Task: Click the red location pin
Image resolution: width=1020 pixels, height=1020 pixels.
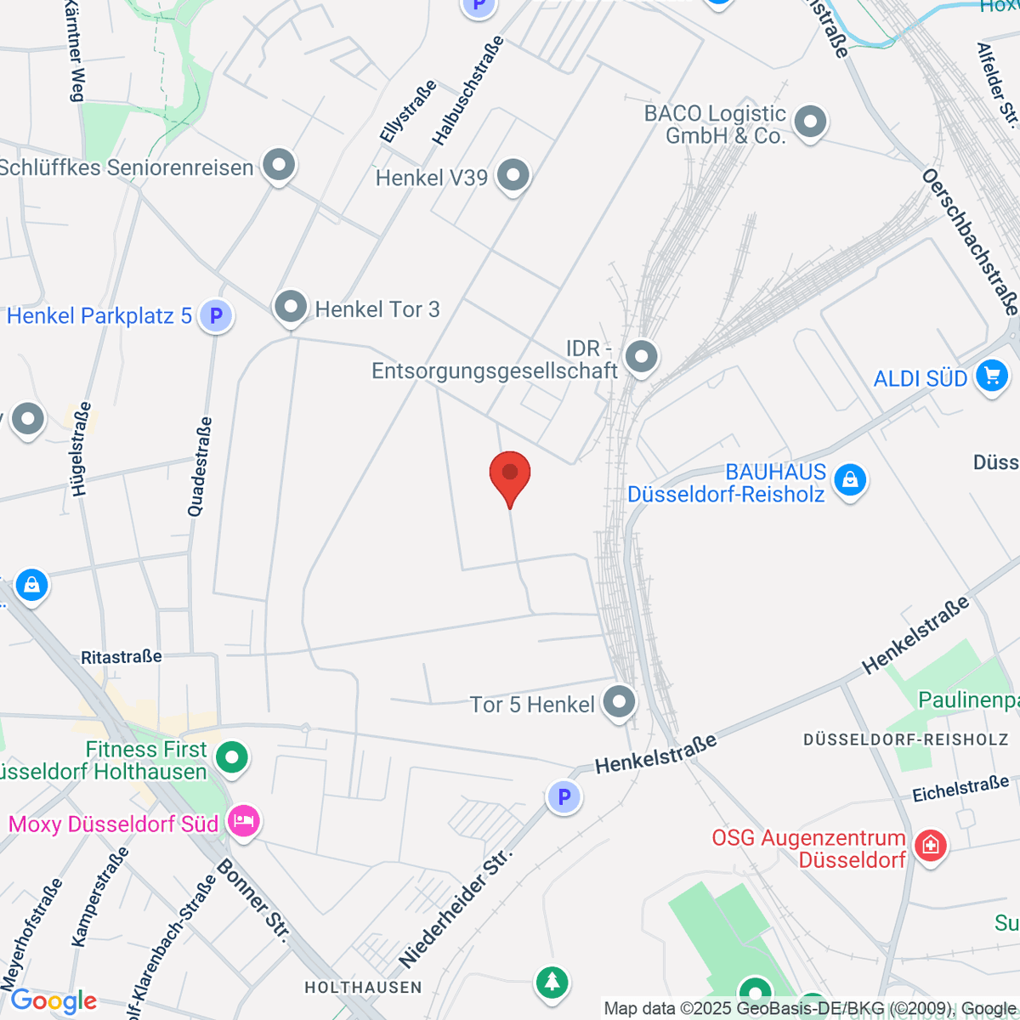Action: coord(510,474)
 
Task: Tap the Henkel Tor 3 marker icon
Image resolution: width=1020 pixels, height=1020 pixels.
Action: coord(291,307)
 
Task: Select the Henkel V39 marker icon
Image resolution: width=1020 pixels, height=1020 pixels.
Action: coord(513,176)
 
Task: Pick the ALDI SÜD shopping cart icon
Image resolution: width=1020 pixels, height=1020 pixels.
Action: coord(991,376)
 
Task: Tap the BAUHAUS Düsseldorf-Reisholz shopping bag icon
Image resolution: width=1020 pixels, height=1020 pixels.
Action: coord(850,480)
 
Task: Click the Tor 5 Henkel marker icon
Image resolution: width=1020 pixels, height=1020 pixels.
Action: coord(619,703)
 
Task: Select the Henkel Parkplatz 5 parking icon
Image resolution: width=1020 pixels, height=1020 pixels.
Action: coord(216,316)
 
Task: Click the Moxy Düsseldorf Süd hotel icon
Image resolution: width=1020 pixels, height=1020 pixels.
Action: coord(243,822)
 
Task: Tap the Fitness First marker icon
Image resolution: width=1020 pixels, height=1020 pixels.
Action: coord(231,756)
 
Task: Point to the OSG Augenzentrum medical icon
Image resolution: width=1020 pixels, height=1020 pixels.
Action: coord(932,846)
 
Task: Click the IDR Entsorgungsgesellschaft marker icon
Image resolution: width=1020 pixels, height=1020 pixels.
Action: coord(642,357)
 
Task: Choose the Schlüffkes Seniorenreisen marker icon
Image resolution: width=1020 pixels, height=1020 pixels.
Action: coord(279,166)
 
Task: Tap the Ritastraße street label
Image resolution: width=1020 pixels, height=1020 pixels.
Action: coord(121,657)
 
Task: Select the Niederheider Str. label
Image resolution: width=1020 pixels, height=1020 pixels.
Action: coord(457,908)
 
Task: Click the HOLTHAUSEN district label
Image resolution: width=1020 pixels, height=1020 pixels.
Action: coord(363,987)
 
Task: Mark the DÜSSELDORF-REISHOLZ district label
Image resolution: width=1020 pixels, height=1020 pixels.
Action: coord(906,739)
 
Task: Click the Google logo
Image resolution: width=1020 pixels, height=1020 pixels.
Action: coord(53,1000)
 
